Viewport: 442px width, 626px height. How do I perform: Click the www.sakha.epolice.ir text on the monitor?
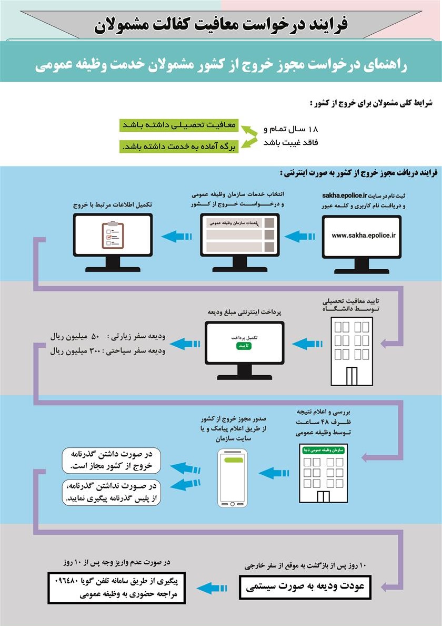(x=363, y=236)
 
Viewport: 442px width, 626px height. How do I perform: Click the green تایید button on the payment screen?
(x=244, y=346)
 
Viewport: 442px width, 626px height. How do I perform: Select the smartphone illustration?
(x=233, y=478)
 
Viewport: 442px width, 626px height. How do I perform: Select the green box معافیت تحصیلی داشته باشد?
(x=179, y=125)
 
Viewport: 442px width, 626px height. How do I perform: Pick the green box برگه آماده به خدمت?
(x=179, y=146)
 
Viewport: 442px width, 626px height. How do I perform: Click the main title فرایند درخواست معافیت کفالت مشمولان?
(x=221, y=24)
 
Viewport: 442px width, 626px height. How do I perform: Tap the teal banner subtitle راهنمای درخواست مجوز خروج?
(x=221, y=65)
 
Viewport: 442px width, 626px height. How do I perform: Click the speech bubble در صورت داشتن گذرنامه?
(x=111, y=461)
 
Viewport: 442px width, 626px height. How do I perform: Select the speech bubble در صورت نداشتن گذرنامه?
(x=111, y=492)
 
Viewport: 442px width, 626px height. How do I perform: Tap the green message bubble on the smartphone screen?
(x=233, y=460)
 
